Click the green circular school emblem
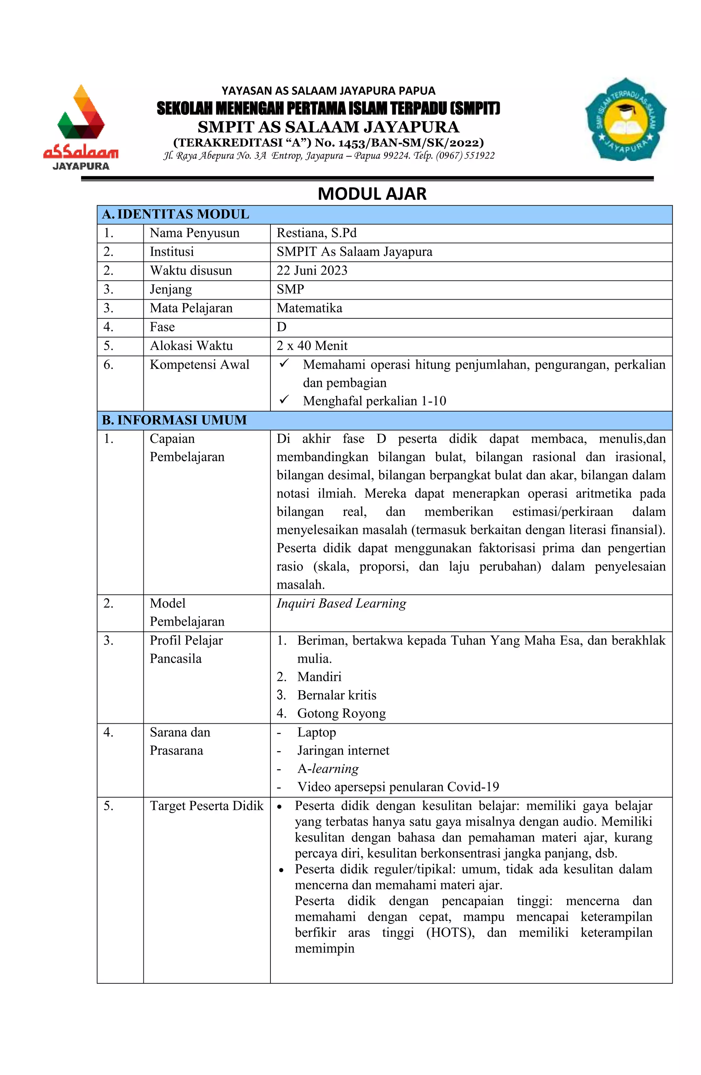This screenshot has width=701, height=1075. (625, 119)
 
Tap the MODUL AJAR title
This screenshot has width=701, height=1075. (372, 194)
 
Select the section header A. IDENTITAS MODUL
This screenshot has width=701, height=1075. (176, 214)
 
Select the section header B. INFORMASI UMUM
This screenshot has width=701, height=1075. (175, 420)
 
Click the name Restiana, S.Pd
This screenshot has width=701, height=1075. (316, 233)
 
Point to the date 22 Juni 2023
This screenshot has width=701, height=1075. (312, 271)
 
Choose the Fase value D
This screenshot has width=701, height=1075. (282, 327)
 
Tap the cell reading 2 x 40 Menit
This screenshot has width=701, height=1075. (312, 346)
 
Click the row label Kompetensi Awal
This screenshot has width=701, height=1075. (199, 365)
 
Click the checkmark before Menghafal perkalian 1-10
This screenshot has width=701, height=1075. (284, 400)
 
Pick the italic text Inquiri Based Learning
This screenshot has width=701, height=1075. (341, 603)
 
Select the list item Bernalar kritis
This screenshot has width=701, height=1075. (337, 695)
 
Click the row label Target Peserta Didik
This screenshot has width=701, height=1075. (206, 806)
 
